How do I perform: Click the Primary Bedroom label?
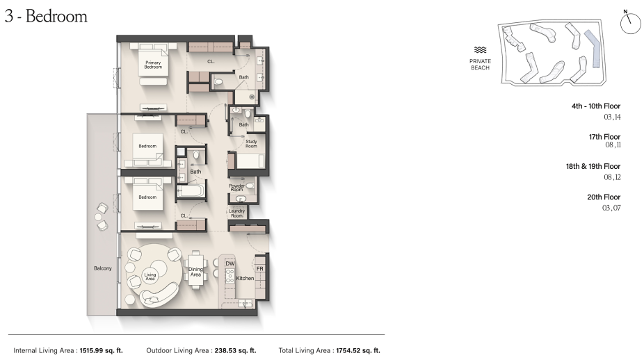[x=153, y=65]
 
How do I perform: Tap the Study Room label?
[x=251, y=144]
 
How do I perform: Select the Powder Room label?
[x=236, y=188]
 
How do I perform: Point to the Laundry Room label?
[x=236, y=213]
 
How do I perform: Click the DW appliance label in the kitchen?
[x=230, y=263]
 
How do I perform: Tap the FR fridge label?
[x=259, y=269]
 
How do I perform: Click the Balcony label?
[x=103, y=268]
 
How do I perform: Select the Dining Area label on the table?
[x=195, y=272]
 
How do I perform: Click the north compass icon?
[x=630, y=22]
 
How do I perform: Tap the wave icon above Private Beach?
[x=480, y=50]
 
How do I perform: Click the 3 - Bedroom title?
[x=46, y=17]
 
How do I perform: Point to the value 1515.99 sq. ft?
[x=101, y=350]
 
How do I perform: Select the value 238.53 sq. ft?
[x=234, y=350]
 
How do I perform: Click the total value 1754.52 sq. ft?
[x=358, y=350]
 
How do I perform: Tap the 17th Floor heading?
[x=604, y=137]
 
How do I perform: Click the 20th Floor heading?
[x=604, y=197]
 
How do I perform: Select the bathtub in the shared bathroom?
[x=190, y=191]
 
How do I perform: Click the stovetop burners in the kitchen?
[x=230, y=277]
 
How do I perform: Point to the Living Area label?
[x=150, y=277]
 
